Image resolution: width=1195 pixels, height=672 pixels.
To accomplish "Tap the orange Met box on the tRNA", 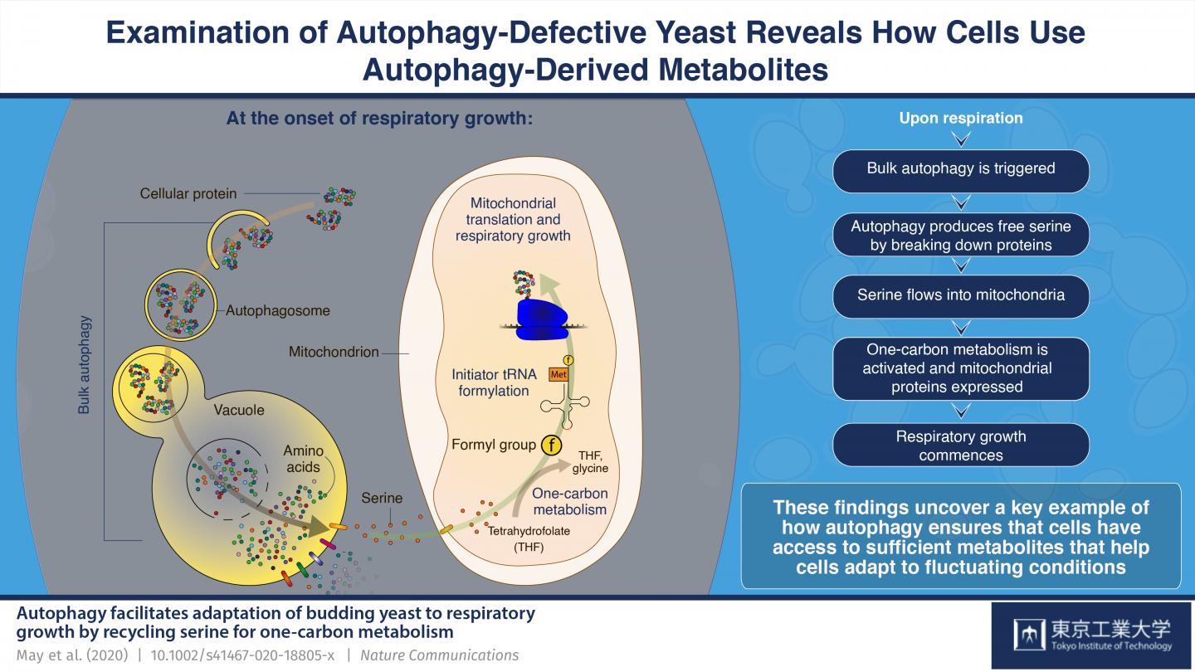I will (558, 375).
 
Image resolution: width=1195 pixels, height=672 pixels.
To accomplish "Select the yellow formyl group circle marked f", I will (551, 446).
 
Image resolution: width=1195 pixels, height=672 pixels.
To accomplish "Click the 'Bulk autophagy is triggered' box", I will (961, 169).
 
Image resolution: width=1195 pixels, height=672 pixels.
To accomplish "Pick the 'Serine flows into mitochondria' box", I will (961, 295).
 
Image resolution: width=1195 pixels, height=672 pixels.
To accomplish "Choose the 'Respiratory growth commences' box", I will (961, 446).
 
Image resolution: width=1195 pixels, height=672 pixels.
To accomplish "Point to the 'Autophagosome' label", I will (278, 311).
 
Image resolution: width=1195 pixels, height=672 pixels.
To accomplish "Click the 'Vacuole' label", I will (240, 410).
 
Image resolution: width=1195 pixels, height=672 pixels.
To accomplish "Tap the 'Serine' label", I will (382, 499).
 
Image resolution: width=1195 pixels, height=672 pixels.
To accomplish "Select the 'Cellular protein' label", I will (188, 193).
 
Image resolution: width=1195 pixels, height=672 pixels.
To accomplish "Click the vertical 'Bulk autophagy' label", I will (84, 364).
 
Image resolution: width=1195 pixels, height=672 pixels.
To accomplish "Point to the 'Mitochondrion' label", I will (334, 353).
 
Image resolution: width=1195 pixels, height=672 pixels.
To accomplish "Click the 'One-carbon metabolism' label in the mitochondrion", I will (570, 501).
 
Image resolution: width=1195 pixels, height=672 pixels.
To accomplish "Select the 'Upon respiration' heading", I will (961, 119).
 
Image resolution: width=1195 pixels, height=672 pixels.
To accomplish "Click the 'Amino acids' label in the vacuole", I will (303, 459).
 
